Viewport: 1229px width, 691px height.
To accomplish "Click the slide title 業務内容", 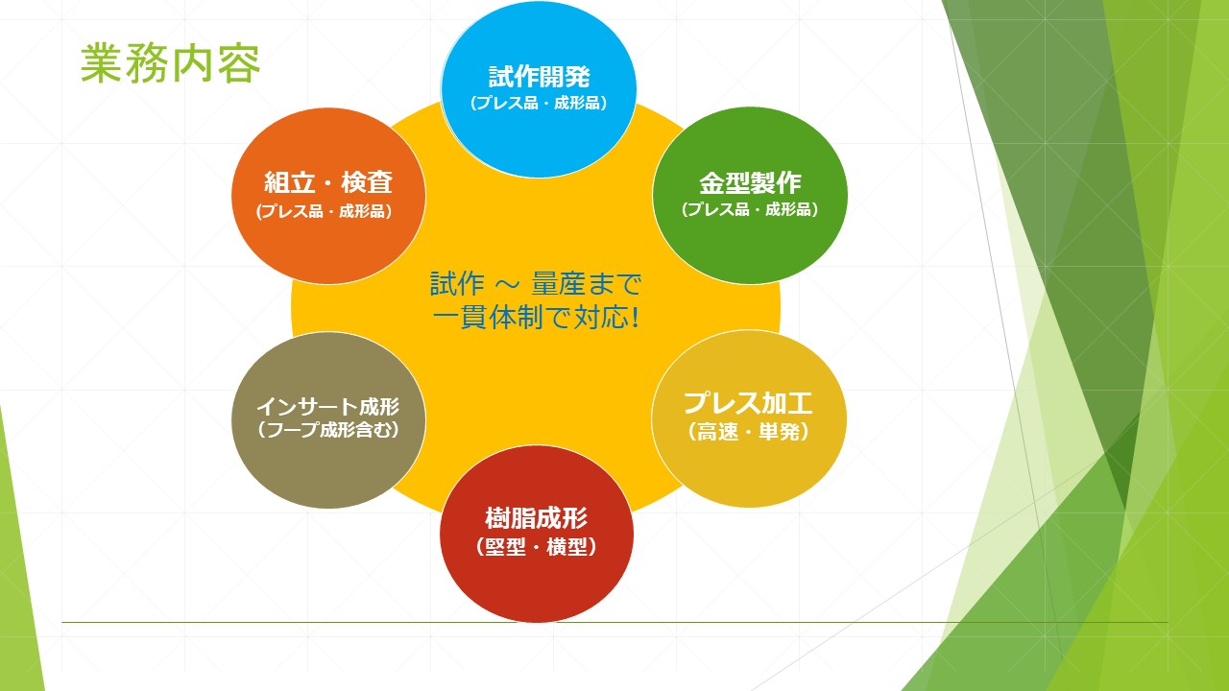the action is point(170,63).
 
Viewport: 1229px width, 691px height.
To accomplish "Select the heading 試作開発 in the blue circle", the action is point(539,77).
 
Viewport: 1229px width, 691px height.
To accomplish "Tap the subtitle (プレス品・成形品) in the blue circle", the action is point(539,103).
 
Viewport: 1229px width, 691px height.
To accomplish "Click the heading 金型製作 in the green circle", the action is point(750,182).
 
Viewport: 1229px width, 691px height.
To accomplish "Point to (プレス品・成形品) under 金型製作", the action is point(750,209).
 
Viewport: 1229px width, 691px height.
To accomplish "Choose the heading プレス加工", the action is point(748,403).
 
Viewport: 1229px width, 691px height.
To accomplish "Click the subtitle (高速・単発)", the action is point(748,432).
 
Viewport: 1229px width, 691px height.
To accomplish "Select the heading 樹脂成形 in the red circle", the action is point(537,518).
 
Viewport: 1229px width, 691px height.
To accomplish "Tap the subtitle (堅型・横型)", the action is point(537,547).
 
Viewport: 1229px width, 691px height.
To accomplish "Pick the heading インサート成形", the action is point(328,406).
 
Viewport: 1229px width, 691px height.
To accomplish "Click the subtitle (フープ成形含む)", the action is point(328,429).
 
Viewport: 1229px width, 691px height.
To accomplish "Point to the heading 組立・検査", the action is point(328,182).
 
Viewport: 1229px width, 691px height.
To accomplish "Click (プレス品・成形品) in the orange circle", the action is point(324,211).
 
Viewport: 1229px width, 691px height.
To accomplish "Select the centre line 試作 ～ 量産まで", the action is point(536,283).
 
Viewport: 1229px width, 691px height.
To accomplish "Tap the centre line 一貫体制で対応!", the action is point(536,318).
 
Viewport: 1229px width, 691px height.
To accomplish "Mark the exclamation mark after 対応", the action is point(636,318).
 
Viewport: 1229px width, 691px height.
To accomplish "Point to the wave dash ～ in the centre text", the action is point(508,284).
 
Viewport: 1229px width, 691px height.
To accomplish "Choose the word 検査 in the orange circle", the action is point(367,182).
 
